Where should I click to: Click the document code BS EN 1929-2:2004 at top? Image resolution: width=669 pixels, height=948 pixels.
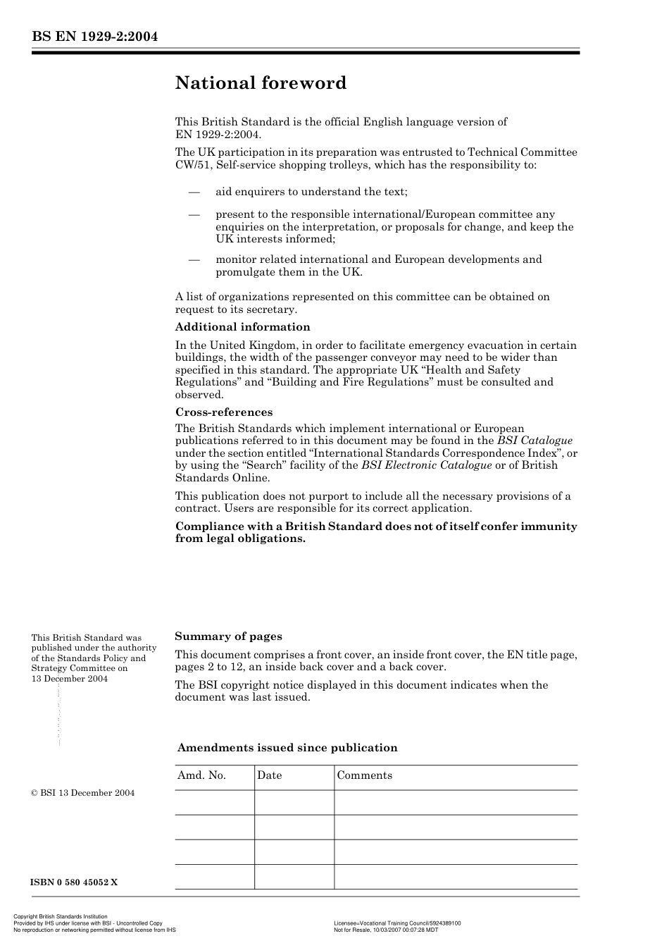click(x=94, y=37)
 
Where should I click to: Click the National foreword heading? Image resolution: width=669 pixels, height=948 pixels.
click(x=261, y=83)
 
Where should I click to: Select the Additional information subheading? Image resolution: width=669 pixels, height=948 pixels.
click(x=242, y=327)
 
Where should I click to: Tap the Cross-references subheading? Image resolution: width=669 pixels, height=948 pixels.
click(x=223, y=412)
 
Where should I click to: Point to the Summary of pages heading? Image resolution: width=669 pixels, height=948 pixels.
click(x=228, y=636)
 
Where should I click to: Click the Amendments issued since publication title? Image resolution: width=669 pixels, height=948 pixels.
click(x=287, y=748)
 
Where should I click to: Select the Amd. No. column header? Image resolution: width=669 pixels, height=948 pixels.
click(x=201, y=775)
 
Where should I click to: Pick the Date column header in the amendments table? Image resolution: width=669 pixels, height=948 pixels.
click(x=269, y=775)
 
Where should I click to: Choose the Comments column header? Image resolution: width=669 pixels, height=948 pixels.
click(x=364, y=775)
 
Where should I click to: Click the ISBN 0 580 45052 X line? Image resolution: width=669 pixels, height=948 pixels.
click(x=74, y=882)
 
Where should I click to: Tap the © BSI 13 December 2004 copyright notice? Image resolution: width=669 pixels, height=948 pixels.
click(x=82, y=793)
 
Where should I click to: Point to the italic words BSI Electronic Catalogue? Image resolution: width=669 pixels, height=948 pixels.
click(x=426, y=465)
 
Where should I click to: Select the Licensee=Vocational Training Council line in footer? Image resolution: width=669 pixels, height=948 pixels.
click(x=397, y=923)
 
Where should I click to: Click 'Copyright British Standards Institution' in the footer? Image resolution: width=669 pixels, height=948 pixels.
click(x=61, y=917)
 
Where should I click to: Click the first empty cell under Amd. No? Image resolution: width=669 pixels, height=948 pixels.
click(x=214, y=802)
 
